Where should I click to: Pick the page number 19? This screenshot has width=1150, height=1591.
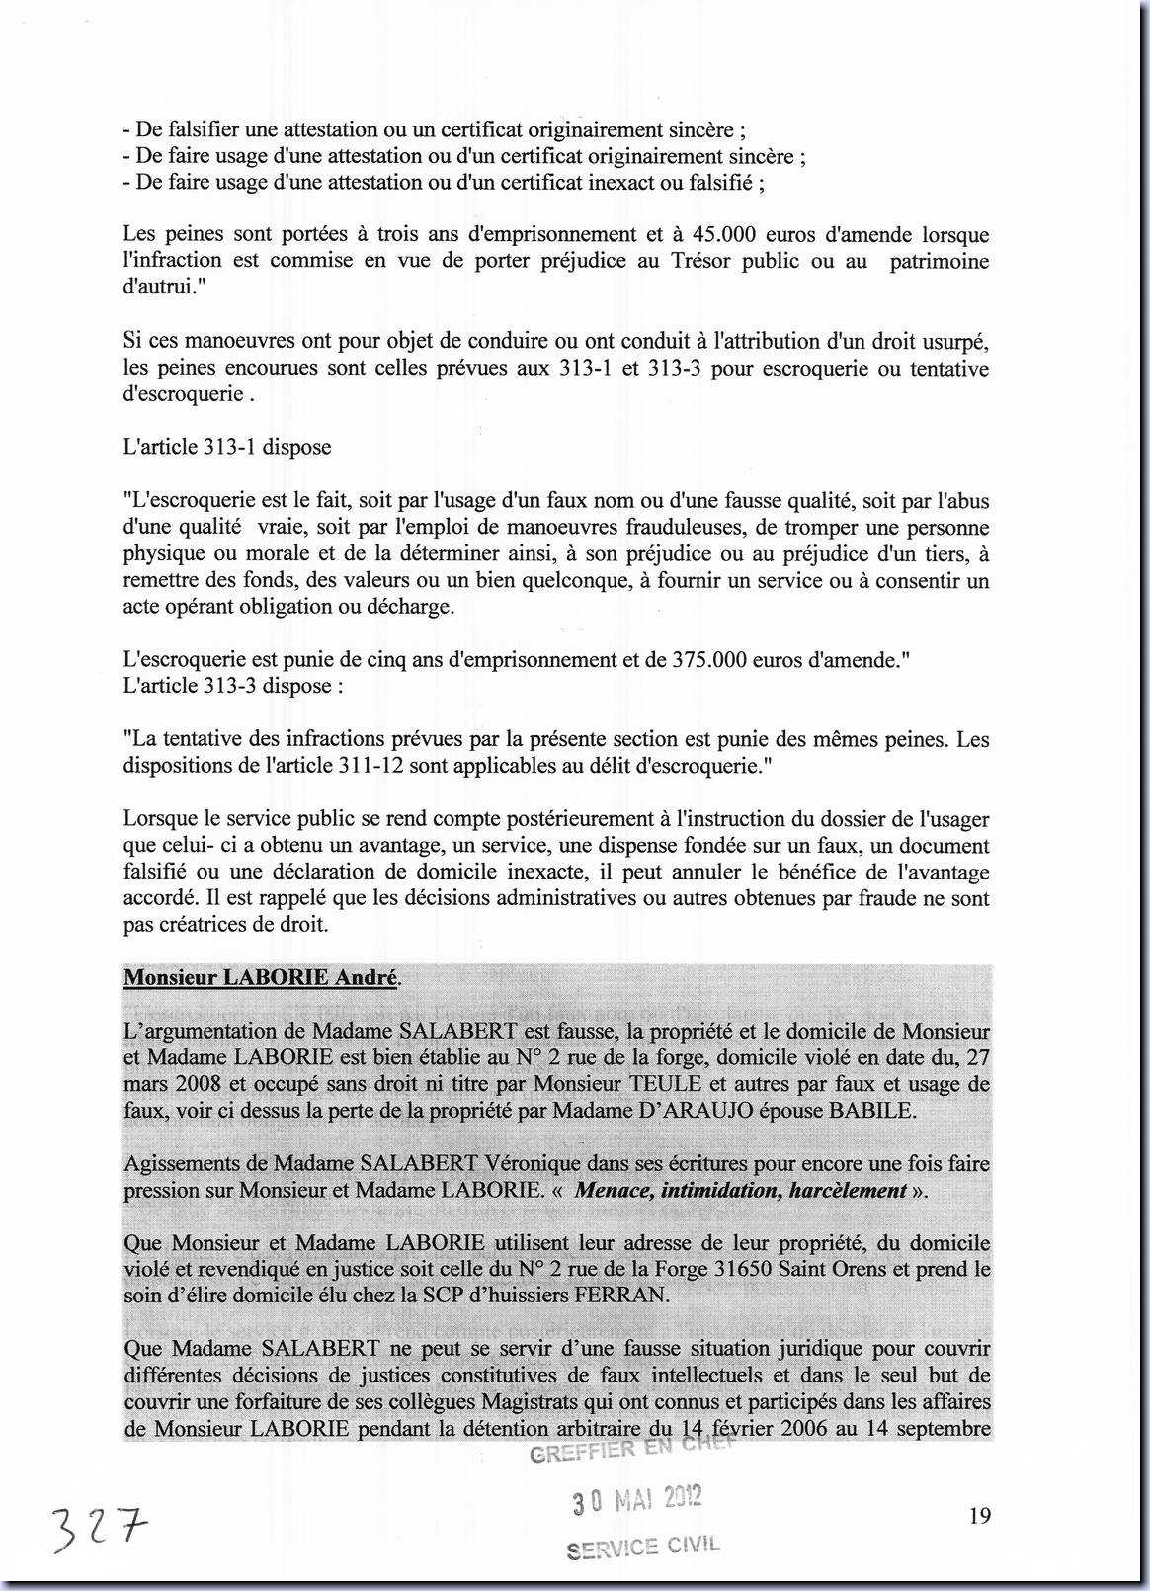[x=980, y=1516]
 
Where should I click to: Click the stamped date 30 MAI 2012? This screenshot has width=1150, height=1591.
[x=637, y=1500]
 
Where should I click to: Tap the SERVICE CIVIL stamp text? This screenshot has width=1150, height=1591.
[x=643, y=1547]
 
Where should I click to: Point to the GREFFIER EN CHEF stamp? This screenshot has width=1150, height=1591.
[x=632, y=1450]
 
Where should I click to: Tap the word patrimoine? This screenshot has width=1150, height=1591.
[x=940, y=262]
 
